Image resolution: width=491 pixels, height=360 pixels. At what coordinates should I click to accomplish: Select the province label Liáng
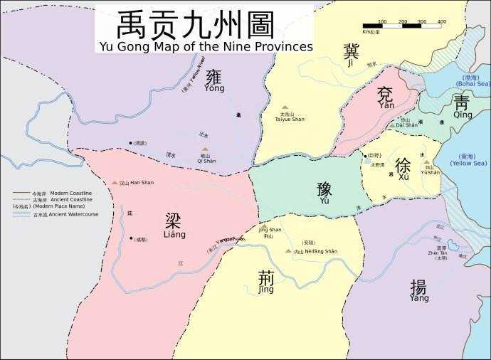[x=174, y=226]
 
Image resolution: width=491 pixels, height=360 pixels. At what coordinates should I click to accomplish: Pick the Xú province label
[x=403, y=168]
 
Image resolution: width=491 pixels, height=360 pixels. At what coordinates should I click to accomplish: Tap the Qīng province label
[x=462, y=107]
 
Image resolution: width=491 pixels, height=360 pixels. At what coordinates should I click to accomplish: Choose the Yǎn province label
[x=386, y=97]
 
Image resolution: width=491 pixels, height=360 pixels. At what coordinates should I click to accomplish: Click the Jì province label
[x=351, y=55]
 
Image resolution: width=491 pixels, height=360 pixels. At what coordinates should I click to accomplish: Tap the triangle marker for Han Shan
[x=115, y=184]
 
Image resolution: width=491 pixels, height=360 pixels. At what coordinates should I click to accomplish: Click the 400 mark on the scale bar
[x=441, y=22]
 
